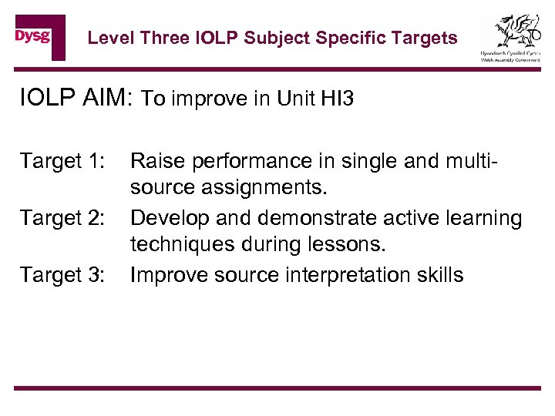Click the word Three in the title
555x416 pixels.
(160, 38)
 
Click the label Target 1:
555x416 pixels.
(62, 161)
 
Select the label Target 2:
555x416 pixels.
(62, 218)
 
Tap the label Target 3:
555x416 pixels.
(62, 275)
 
